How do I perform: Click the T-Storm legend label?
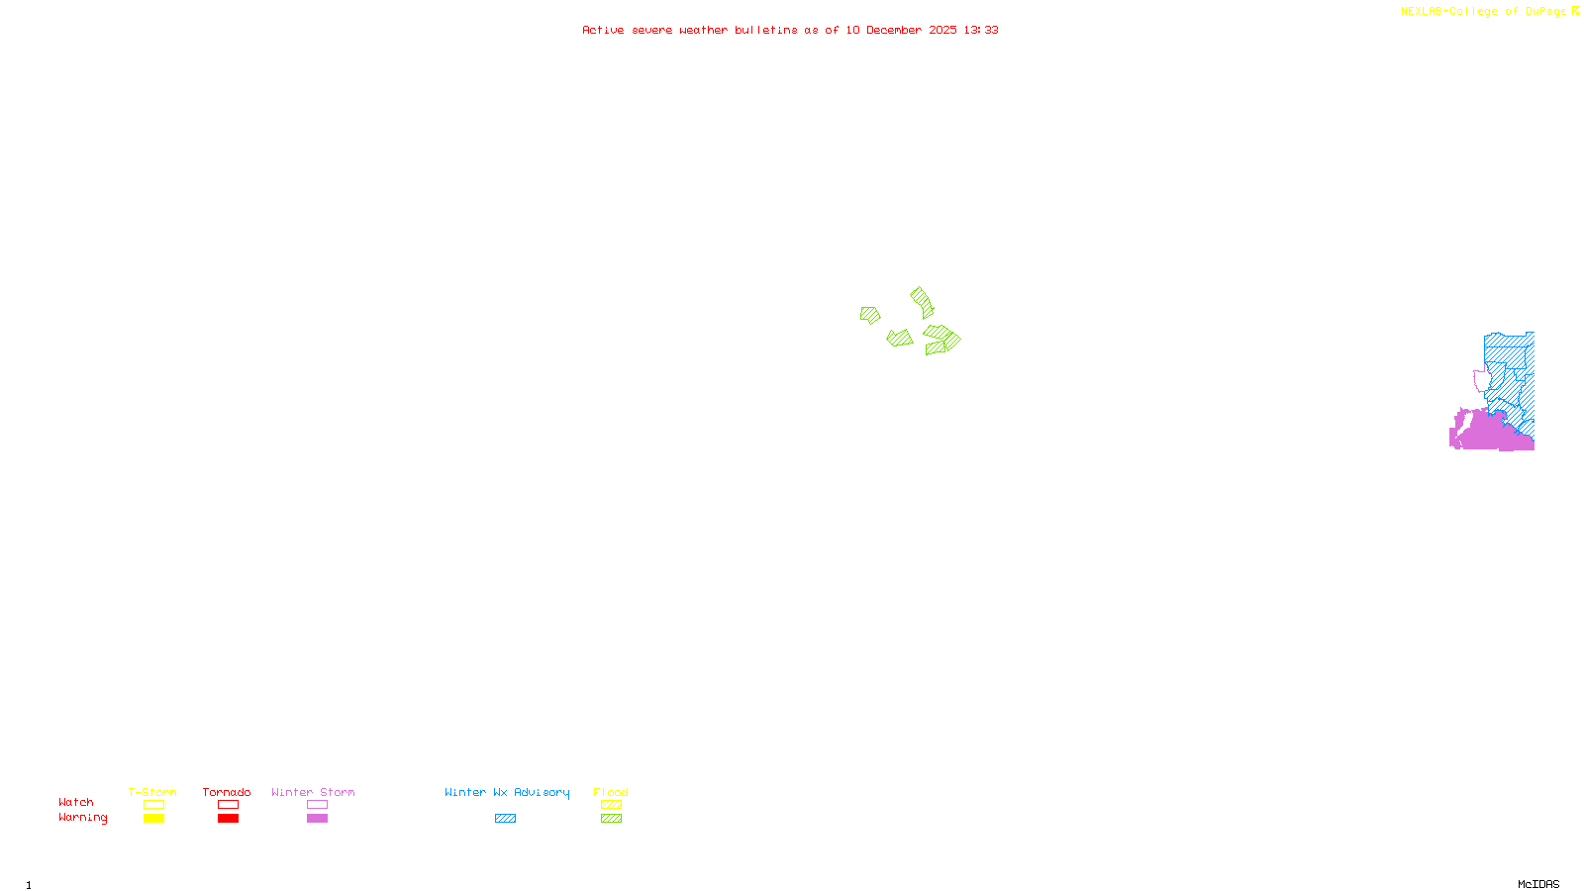(152, 792)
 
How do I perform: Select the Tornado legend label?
(227, 792)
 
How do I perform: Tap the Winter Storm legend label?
(313, 792)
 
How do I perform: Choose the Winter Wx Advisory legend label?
(507, 792)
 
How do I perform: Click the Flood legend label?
(611, 792)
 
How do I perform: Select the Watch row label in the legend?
(76, 803)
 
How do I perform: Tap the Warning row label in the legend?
(83, 818)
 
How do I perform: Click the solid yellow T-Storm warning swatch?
(153, 819)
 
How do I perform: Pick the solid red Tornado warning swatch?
(229, 819)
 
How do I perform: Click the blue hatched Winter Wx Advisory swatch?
(505, 819)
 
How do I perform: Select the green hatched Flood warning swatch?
(612, 819)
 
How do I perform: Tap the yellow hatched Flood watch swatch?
(612, 805)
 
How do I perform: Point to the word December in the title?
(894, 30)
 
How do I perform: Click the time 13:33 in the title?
(981, 30)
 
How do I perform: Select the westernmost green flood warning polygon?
(870, 315)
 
